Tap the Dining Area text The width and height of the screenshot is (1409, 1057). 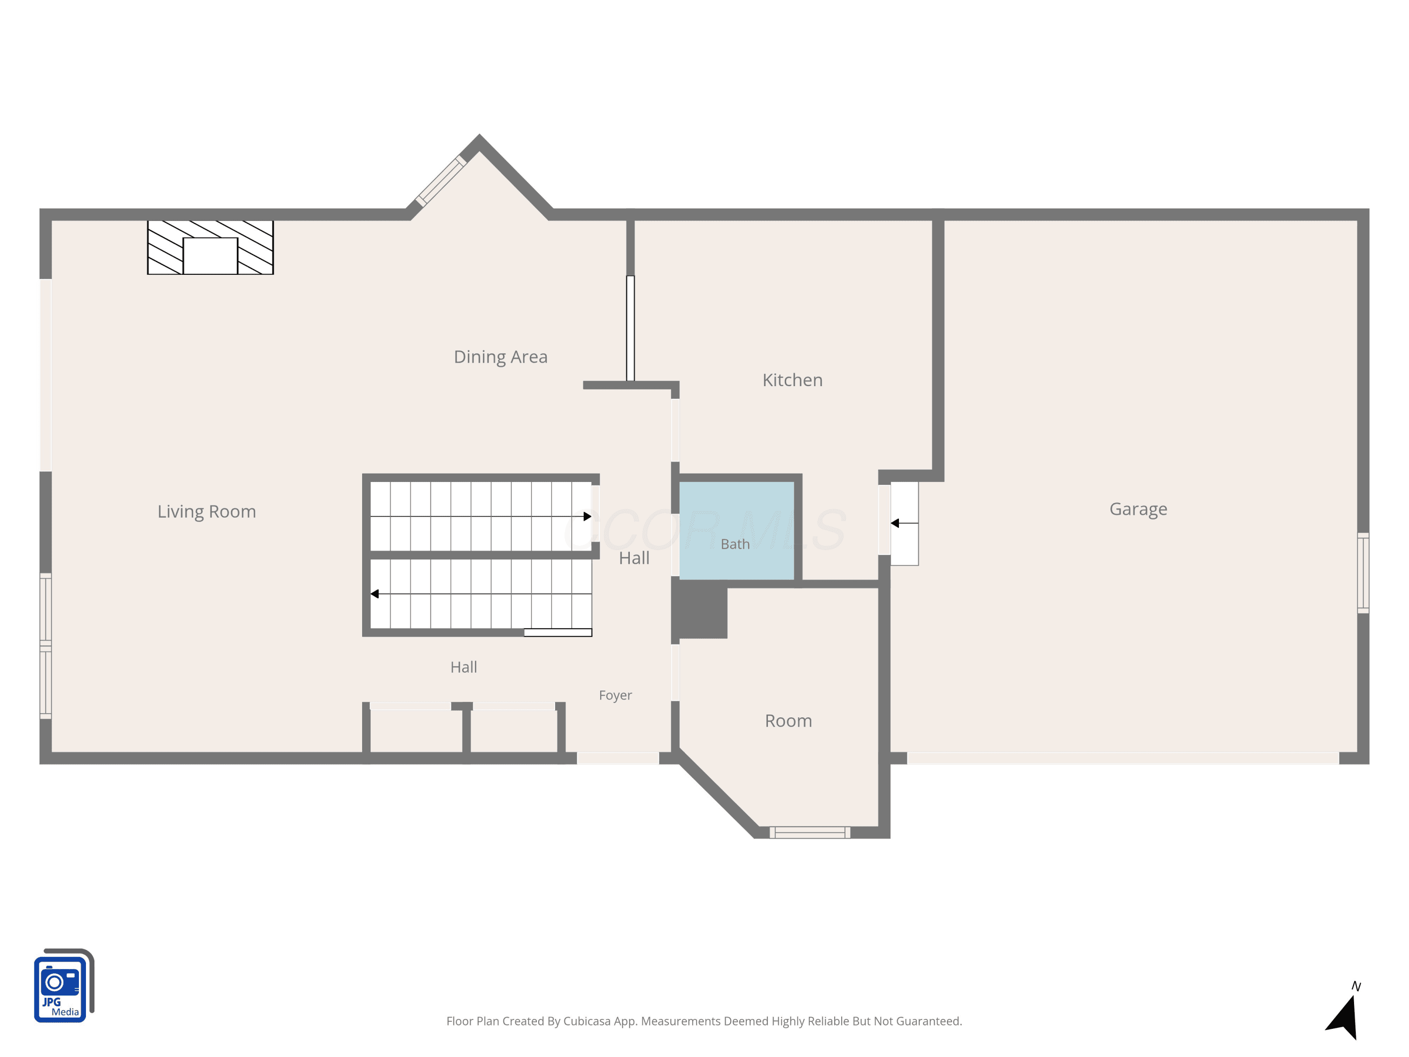pos(501,357)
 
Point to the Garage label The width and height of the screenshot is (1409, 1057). pos(1138,509)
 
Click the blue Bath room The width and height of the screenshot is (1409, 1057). pos(736,530)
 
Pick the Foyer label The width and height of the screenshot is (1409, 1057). pos(615,695)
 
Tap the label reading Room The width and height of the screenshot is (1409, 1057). pos(789,721)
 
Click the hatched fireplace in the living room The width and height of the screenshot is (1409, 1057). pos(210,247)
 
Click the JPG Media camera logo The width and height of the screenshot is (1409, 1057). pos(64,985)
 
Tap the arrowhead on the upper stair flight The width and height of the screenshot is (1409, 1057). pos(587,516)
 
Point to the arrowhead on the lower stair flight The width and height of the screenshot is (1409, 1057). pos(374,594)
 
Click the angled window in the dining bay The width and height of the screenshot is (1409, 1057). pos(441,181)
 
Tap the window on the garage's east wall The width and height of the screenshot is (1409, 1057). pos(1363,573)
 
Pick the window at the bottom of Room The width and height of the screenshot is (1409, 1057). pos(810,832)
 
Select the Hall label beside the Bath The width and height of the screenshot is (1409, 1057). pos(635,558)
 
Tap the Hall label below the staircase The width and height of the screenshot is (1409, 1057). pos(464,667)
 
